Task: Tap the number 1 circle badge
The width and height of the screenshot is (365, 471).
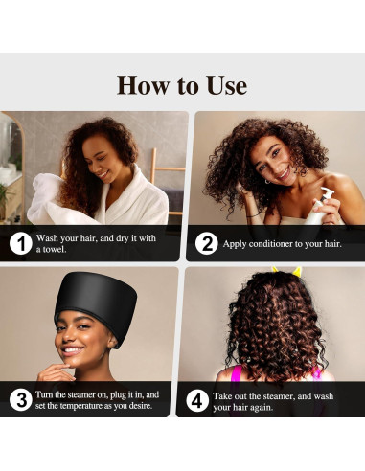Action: (x=20, y=243)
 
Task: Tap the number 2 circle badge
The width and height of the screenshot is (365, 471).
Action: (x=206, y=243)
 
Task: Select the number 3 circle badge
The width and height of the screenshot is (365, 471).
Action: (x=20, y=400)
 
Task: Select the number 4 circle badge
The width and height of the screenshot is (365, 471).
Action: (x=196, y=400)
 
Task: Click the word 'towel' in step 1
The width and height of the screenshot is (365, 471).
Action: (x=52, y=249)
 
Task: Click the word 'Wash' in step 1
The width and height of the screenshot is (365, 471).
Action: (x=48, y=237)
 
